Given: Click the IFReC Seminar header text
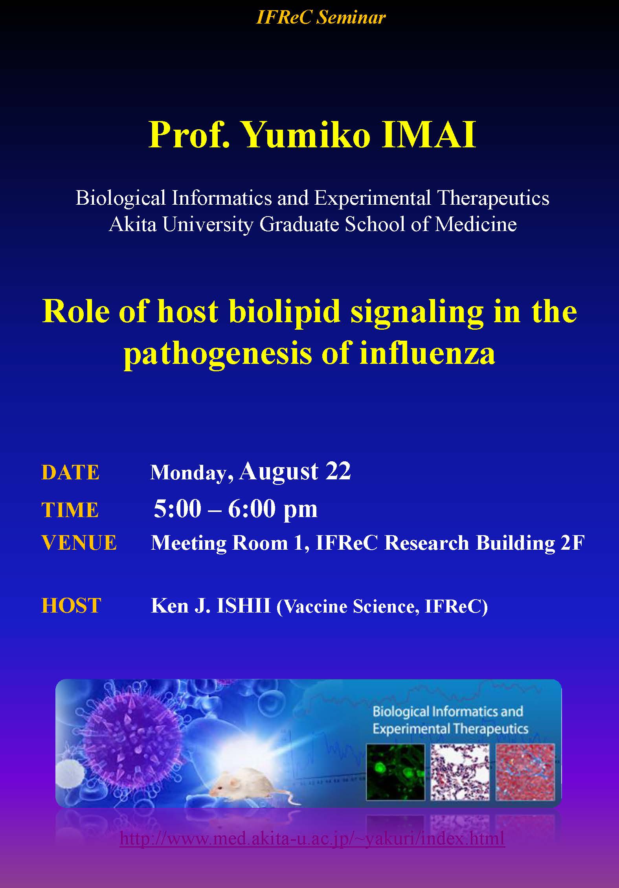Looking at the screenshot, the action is (321, 17).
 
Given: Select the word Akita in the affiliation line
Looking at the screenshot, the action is (132, 224).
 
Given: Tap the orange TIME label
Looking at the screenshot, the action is (70, 510).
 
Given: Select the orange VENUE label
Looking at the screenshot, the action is (79, 543).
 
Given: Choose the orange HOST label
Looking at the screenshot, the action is (71, 605).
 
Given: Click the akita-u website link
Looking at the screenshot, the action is (312, 838).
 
